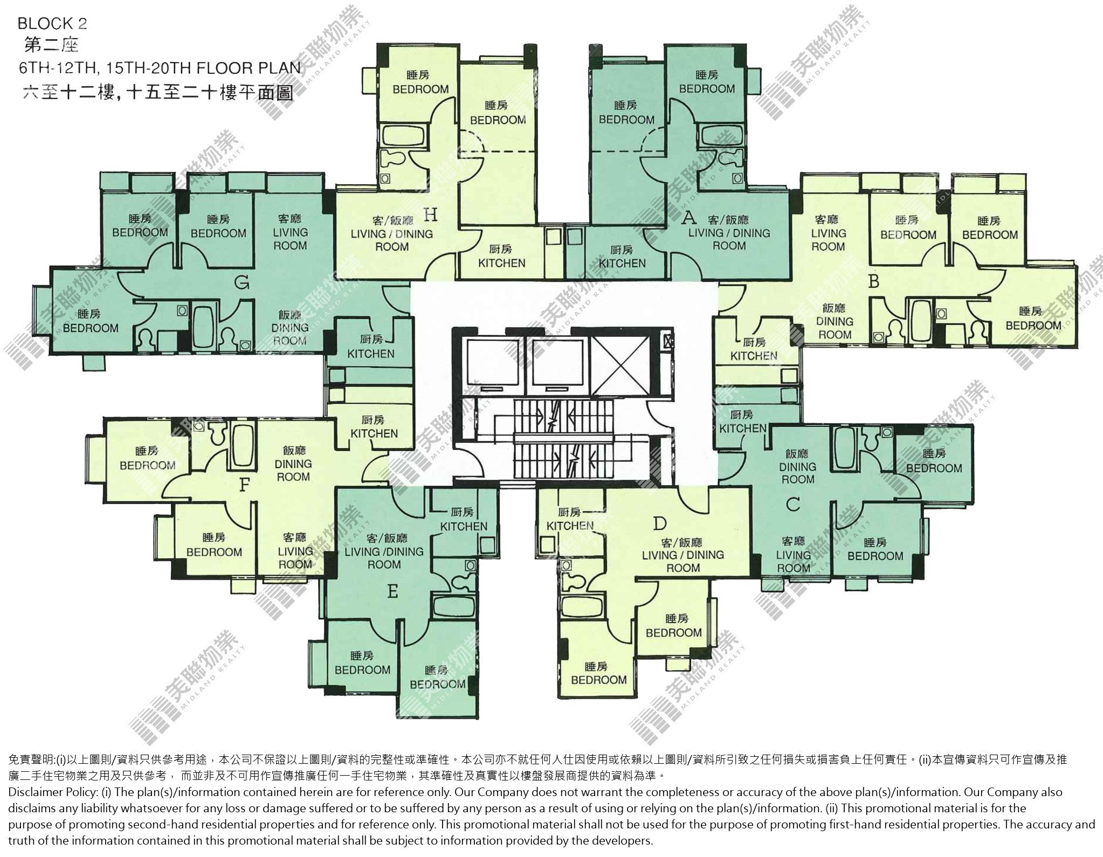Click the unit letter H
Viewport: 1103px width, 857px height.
click(430, 216)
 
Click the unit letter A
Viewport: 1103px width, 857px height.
click(688, 218)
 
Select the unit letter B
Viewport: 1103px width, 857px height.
click(874, 281)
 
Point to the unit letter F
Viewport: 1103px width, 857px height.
click(244, 485)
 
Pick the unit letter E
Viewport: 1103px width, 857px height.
click(392, 592)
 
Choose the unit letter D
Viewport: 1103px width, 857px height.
click(660, 523)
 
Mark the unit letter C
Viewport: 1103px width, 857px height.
click(792, 504)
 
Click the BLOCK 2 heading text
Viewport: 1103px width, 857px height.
click(52, 24)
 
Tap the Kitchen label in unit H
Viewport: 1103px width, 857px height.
click(501, 257)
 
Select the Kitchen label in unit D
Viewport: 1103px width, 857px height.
click(570, 519)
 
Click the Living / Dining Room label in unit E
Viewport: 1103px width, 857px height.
click(384, 551)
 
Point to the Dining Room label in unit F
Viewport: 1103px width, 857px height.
click(293, 464)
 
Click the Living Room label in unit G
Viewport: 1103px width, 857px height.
click(290, 232)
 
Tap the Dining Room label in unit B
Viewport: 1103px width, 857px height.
click(834, 321)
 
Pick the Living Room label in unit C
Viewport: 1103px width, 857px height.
click(793, 555)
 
